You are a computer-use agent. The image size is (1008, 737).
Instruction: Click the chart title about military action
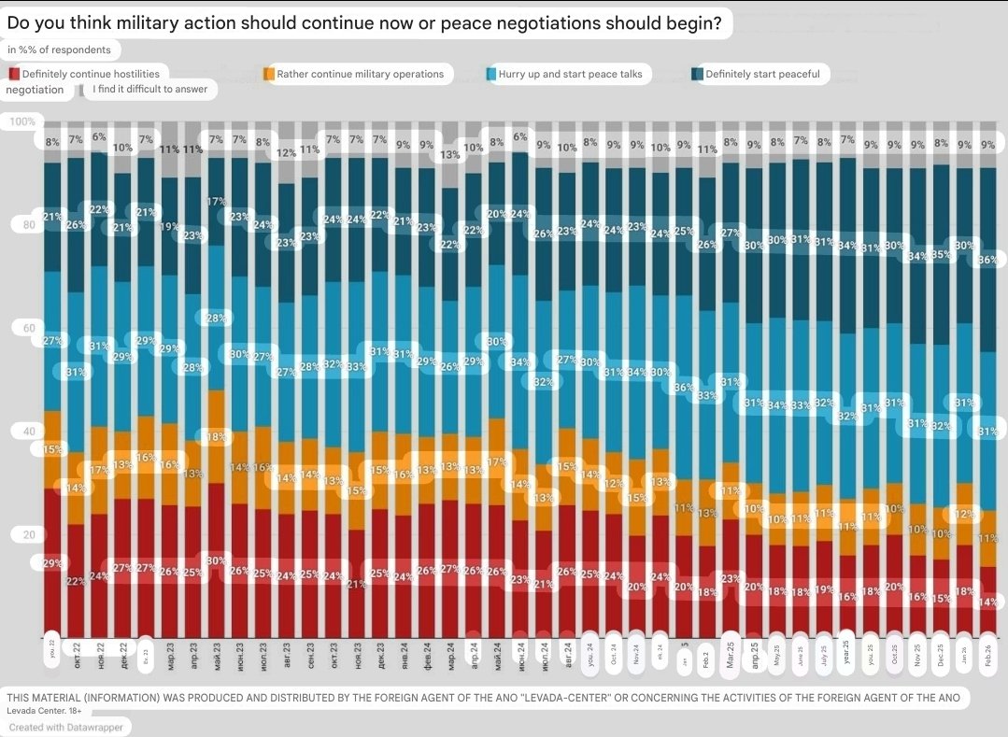click(364, 23)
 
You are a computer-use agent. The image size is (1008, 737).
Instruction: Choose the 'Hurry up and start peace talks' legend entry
click(570, 74)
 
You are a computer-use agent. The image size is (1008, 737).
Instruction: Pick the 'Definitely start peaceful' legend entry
click(762, 74)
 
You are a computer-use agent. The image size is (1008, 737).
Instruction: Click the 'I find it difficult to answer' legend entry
click(149, 90)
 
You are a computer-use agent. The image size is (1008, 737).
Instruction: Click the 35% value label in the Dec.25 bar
click(941, 253)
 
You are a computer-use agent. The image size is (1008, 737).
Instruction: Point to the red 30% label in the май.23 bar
click(216, 560)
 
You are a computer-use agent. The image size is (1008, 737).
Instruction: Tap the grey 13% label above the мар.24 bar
click(449, 155)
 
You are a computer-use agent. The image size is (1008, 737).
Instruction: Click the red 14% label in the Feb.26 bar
click(987, 602)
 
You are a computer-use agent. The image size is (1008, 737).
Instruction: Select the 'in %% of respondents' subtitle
click(59, 50)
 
